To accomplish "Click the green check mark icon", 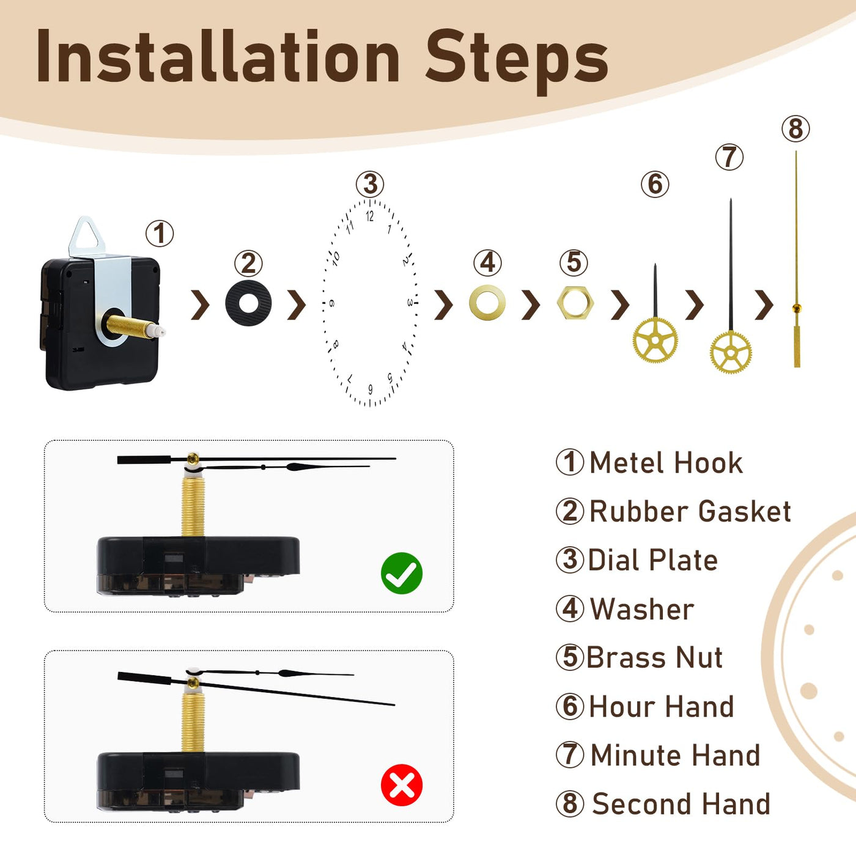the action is click(402, 573).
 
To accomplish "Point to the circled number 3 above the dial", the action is click(370, 185).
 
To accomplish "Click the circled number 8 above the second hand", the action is click(795, 129).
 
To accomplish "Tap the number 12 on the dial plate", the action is click(369, 216).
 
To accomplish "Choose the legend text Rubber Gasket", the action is click(690, 511).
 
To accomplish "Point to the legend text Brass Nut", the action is click(655, 657).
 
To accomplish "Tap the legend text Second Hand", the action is click(681, 803).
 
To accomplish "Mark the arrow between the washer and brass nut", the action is click(531, 304).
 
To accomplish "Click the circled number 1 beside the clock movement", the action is click(160, 234).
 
